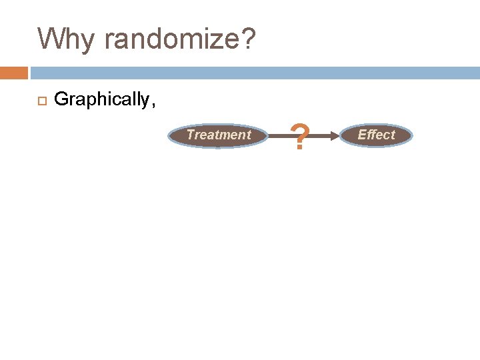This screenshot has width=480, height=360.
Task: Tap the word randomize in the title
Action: (171, 39)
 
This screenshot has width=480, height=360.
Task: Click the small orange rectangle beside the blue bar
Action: (13, 73)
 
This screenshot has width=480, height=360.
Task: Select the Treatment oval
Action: (219, 135)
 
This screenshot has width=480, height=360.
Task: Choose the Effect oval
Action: (377, 135)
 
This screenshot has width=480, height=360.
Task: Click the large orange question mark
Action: (301, 137)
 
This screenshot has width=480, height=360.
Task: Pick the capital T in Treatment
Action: (190, 135)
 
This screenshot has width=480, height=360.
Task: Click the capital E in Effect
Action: (361, 135)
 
